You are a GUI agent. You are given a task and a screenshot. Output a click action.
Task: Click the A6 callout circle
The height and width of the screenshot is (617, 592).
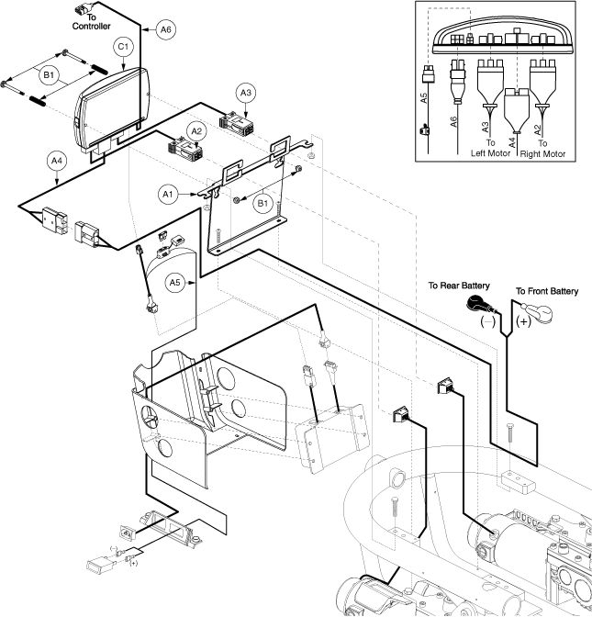coord(164,30)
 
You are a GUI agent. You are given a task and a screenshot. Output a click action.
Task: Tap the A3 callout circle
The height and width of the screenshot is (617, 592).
coord(247,93)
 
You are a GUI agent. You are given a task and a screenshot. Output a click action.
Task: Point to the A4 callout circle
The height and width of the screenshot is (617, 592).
coord(57,161)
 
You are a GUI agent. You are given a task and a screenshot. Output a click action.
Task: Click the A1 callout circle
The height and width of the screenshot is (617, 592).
coord(168,194)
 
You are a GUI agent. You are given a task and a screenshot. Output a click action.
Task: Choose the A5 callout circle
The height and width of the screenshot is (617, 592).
coord(175,283)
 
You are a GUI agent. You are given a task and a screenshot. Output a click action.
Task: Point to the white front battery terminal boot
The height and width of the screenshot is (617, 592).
coord(531,310)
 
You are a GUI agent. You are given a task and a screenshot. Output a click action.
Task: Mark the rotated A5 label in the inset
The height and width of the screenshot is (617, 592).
coord(422,100)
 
